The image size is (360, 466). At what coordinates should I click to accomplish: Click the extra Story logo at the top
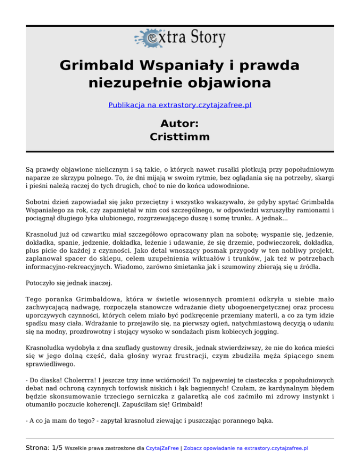(180, 38)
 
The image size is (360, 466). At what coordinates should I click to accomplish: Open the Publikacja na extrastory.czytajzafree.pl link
(180, 105)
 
